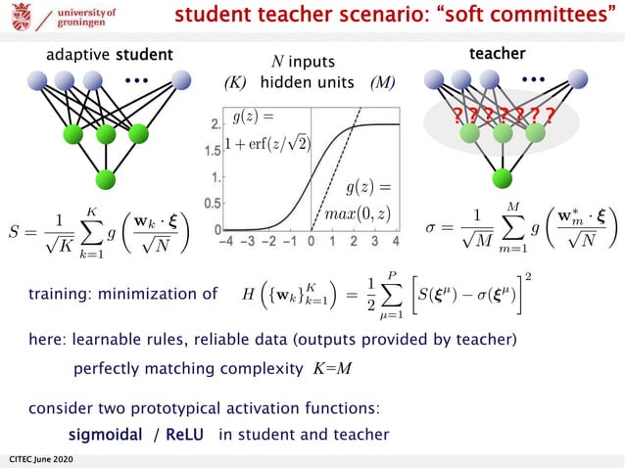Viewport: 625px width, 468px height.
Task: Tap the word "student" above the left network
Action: [x=144, y=54]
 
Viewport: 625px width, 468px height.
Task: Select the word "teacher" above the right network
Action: [x=499, y=53]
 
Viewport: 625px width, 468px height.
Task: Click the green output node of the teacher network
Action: [x=503, y=177]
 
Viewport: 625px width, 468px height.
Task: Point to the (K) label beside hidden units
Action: [x=235, y=82]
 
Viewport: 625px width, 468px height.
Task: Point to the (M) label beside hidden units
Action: [x=382, y=82]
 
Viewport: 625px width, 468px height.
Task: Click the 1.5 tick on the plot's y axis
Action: [x=213, y=152]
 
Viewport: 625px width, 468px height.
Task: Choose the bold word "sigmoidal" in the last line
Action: [x=106, y=434]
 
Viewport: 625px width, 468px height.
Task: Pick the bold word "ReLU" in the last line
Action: [x=185, y=434]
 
